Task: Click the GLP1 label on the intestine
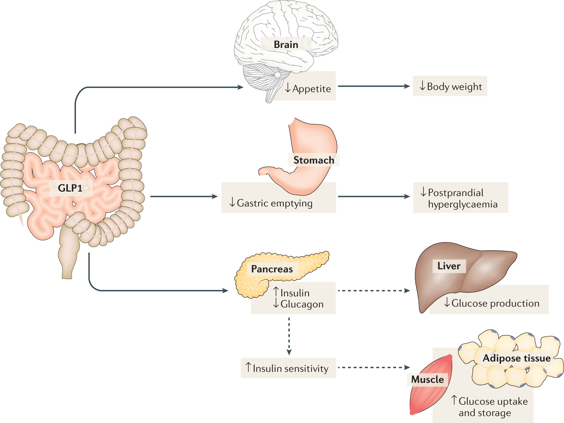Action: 70,188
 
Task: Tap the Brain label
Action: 286,44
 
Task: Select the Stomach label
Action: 313,160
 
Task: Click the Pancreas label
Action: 272,269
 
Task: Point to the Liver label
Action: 449,266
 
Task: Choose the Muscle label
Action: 427,379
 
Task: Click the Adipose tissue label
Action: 516,358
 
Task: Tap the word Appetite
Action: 311,89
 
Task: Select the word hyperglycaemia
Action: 463,204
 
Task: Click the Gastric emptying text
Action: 274,203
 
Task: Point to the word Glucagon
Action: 302,304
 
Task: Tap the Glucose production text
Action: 495,303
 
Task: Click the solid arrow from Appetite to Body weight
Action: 374,86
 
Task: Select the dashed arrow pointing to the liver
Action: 374,291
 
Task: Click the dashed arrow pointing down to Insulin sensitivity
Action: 289,336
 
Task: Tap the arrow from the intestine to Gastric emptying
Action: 183,196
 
